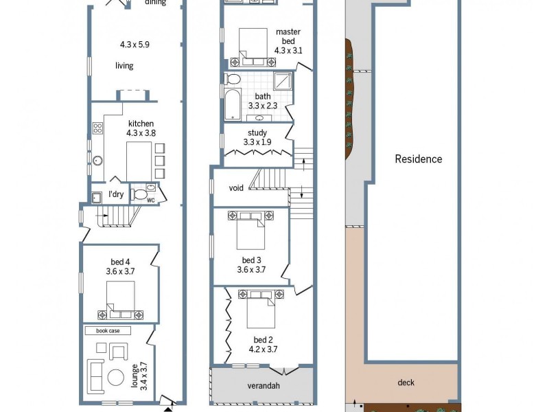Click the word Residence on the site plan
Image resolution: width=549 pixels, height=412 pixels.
click(x=418, y=159)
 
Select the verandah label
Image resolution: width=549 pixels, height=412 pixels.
click(x=264, y=386)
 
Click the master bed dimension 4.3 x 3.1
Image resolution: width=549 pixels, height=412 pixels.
click(x=288, y=50)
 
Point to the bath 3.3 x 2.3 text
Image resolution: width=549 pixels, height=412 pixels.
click(x=262, y=106)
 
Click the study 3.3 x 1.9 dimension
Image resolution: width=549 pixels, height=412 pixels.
click(x=257, y=142)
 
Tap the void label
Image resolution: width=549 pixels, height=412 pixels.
click(x=237, y=187)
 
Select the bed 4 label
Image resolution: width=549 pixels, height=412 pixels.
click(x=121, y=262)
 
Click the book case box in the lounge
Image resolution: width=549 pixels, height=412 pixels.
click(x=107, y=330)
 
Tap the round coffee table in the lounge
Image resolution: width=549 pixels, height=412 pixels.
click(x=117, y=377)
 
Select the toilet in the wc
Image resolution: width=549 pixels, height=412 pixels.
click(x=141, y=194)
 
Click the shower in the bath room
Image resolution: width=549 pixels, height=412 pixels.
click(x=282, y=82)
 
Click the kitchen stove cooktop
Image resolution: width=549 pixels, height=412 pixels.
click(x=97, y=128)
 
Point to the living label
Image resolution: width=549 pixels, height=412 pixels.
click(x=124, y=66)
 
